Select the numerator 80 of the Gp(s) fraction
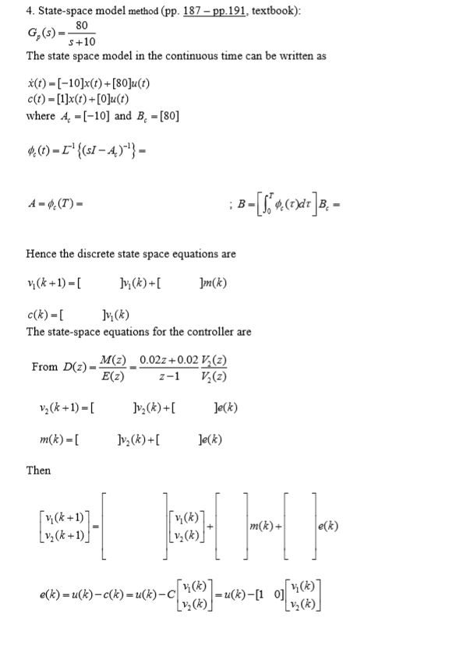(x=80, y=26)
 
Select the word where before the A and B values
(x=41, y=116)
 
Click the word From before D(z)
(x=45, y=367)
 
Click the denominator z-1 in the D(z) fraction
(x=164, y=376)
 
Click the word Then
(x=38, y=471)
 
